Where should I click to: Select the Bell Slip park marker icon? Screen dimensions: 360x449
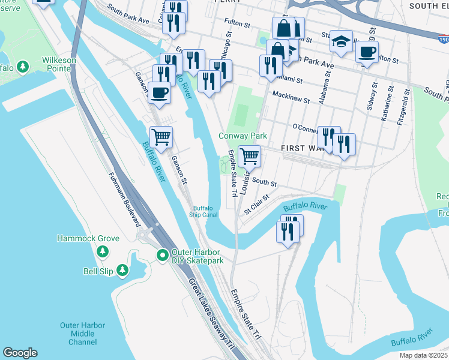click(122, 271)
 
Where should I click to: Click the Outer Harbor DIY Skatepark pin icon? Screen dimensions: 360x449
click(162, 256)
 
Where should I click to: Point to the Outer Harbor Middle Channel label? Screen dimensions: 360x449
click(82, 334)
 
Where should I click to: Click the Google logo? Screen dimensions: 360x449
click(20, 353)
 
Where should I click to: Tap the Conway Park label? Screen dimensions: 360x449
click(242, 136)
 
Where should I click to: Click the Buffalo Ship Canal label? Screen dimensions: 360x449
click(203, 212)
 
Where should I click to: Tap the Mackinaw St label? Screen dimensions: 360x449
click(291, 95)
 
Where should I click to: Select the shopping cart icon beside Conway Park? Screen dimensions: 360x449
click(249, 157)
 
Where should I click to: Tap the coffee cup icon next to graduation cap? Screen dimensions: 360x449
click(367, 51)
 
